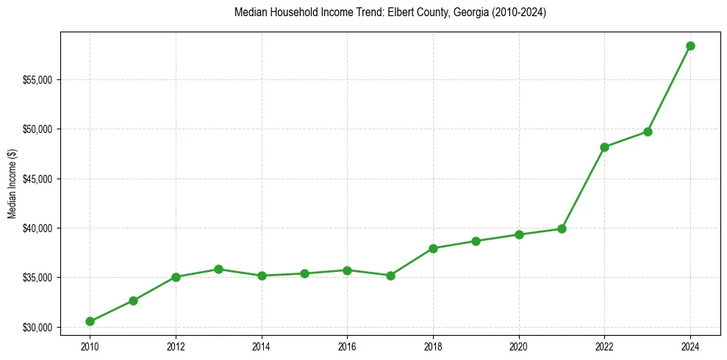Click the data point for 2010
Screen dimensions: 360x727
[90, 321]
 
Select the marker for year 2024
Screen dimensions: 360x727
[690, 46]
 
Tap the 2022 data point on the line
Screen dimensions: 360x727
[604, 147]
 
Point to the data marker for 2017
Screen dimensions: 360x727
[390, 276]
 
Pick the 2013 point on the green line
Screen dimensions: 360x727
[218, 269]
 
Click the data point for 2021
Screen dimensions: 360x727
[562, 228]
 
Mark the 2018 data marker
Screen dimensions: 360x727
[433, 248]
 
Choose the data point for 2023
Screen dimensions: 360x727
[648, 132]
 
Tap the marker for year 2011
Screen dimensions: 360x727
[133, 300]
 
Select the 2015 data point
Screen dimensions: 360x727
[304, 273]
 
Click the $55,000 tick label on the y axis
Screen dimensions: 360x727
[37, 79]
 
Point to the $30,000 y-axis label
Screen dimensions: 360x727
[37, 327]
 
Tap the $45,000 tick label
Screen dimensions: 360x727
[37, 179]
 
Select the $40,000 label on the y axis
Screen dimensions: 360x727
[37, 228]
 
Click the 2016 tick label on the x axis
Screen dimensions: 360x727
[347, 345]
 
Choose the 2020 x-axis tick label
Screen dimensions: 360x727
[519, 345]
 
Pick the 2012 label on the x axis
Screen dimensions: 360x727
[176, 345]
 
